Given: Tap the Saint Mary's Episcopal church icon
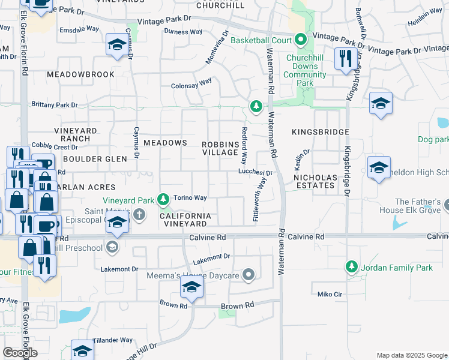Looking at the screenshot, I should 139,214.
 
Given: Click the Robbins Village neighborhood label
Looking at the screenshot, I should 220,148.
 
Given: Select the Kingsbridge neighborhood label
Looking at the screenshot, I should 321,131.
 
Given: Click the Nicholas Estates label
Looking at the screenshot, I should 315,182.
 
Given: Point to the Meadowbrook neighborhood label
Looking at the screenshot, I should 80,74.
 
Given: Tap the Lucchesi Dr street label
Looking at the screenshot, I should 255,172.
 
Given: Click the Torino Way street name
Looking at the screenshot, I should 190,197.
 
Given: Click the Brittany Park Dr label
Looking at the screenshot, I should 55,104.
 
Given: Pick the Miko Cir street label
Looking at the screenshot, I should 330,294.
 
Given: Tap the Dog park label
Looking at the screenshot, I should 433,139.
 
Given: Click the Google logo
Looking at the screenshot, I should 20,353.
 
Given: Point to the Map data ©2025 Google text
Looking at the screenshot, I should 411,355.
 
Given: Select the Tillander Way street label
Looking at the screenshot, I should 113,340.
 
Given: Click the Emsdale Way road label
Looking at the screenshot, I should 79,29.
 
